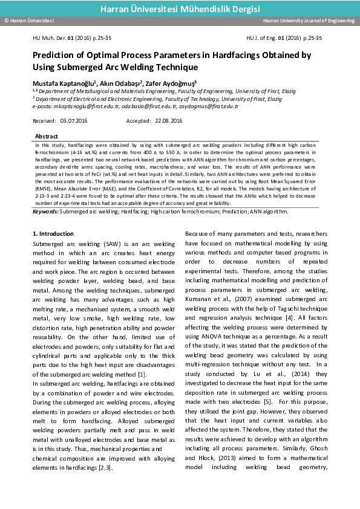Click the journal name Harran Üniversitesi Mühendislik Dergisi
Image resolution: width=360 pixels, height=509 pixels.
tap(180, 9)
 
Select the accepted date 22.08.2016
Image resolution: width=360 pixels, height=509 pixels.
tap(168, 121)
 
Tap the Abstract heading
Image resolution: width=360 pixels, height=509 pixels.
tap(47, 137)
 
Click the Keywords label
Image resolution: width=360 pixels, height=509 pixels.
tap(45, 212)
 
